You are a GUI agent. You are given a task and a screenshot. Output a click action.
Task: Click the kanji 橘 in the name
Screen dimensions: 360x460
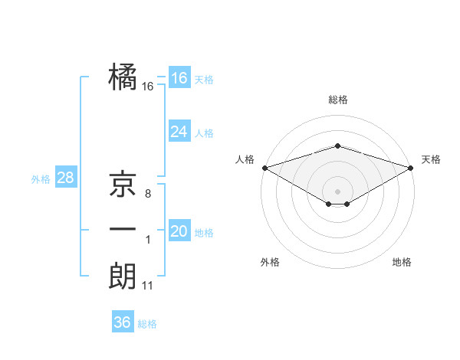[x=123, y=78]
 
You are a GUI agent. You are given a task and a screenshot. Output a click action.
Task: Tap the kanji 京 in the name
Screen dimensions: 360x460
[x=123, y=185]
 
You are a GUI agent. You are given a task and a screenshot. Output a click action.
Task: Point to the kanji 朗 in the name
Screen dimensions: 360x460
[x=123, y=277]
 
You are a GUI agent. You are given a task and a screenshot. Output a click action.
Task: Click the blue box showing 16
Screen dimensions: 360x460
[x=179, y=78]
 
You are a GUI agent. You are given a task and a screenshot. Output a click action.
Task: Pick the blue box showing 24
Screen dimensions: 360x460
[x=179, y=132]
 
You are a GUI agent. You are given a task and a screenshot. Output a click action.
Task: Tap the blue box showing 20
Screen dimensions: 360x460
[x=179, y=231]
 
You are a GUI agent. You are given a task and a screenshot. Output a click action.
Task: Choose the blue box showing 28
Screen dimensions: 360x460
[x=65, y=178]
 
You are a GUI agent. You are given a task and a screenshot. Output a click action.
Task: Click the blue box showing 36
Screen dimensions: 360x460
[x=122, y=322]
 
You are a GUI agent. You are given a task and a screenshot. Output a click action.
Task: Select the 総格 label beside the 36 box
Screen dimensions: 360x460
[x=147, y=324]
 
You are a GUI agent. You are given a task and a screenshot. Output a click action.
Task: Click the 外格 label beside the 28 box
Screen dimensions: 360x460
[x=41, y=179]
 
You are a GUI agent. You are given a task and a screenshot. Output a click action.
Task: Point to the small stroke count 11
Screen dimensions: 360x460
[x=148, y=286]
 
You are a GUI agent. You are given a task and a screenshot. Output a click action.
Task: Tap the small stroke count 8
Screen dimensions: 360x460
[x=148, y=194]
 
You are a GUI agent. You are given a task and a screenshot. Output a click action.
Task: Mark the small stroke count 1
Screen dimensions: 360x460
[x=148, y=241]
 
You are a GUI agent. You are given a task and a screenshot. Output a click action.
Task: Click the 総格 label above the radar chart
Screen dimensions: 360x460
[x=338, y=100]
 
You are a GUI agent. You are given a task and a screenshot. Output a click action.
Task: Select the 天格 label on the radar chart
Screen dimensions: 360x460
[x=431, y=159]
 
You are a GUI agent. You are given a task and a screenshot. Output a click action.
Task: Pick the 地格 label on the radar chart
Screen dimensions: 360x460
[x=402, y=262]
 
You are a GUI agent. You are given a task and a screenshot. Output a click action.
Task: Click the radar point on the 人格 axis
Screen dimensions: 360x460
[x=264, y=167]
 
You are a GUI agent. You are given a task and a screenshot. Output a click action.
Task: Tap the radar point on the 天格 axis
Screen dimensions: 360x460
[x=411, y=167]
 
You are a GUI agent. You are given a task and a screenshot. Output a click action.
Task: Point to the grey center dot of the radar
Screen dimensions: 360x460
[x=337, y=191]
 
